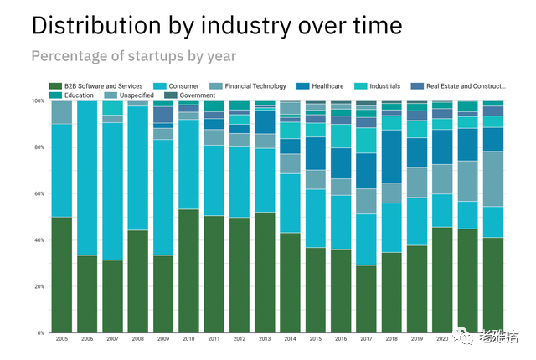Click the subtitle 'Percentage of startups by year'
pyautogui.click(x=133, y=57)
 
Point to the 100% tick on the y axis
pyautogui.click(x=38, y=101)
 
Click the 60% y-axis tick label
pyautogui.click(x=39, y=194)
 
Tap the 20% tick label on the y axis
pyautogui.click(x=39, y=287)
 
